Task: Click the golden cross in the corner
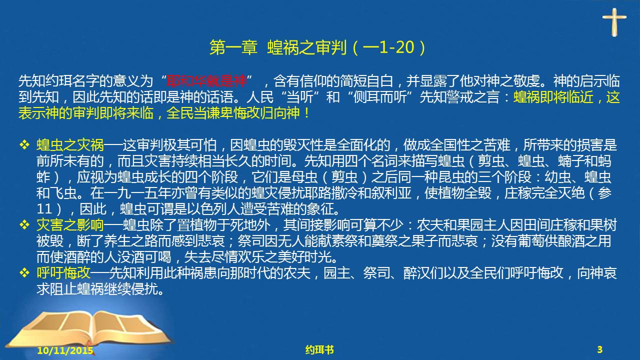click(614, 22)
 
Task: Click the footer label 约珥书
click(319, 349)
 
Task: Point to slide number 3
click(599, 349)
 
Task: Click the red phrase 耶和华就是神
click(206, 81)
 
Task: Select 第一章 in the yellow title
click(233, 47)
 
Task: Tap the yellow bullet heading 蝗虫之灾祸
click(70, 145)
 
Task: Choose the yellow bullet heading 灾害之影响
click(70, 225)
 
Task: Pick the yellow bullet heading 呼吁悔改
click(63, 273)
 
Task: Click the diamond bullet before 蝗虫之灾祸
click(24, 145)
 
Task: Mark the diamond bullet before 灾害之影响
click(24, 225)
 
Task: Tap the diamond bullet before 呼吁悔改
click(24, 272)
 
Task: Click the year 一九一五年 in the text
click(137, 193)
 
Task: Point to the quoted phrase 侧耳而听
click(380, 97)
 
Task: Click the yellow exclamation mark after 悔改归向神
click(307, 113)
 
